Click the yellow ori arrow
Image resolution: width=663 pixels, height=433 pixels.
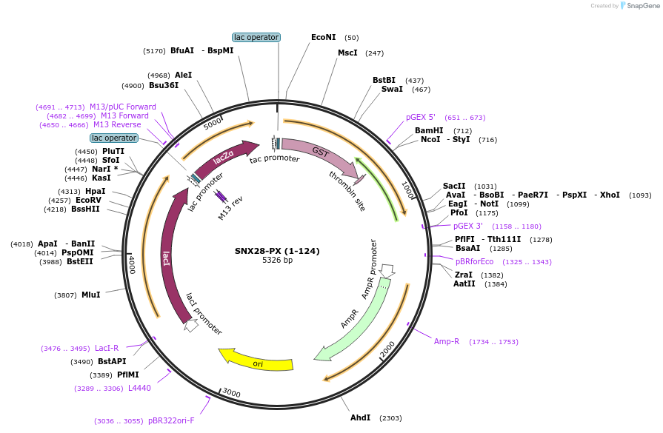tap(256, 360)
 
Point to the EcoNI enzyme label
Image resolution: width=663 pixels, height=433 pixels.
tap(323, 37)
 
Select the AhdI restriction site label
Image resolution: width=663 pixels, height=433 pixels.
tap(361, 417)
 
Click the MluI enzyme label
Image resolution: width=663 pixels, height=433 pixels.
tap(90, 295)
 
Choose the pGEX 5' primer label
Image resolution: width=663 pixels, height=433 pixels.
tap(421, 117)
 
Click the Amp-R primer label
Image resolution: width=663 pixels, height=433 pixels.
tap(447, 341)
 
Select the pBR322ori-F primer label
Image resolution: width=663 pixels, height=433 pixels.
tap(171, 420)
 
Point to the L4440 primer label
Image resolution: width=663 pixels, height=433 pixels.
tap(139, 388)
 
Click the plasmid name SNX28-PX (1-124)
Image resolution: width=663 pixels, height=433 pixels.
tap(277, 251)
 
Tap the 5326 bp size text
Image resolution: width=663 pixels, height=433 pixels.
tap(277, 261)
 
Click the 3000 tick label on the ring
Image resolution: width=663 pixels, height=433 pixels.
tap(232, 394)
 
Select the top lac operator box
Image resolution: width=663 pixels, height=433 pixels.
tap(256, 37)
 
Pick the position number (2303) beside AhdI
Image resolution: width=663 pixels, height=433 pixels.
tap(390, 418)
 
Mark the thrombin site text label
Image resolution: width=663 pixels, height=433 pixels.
tap(347, 190)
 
